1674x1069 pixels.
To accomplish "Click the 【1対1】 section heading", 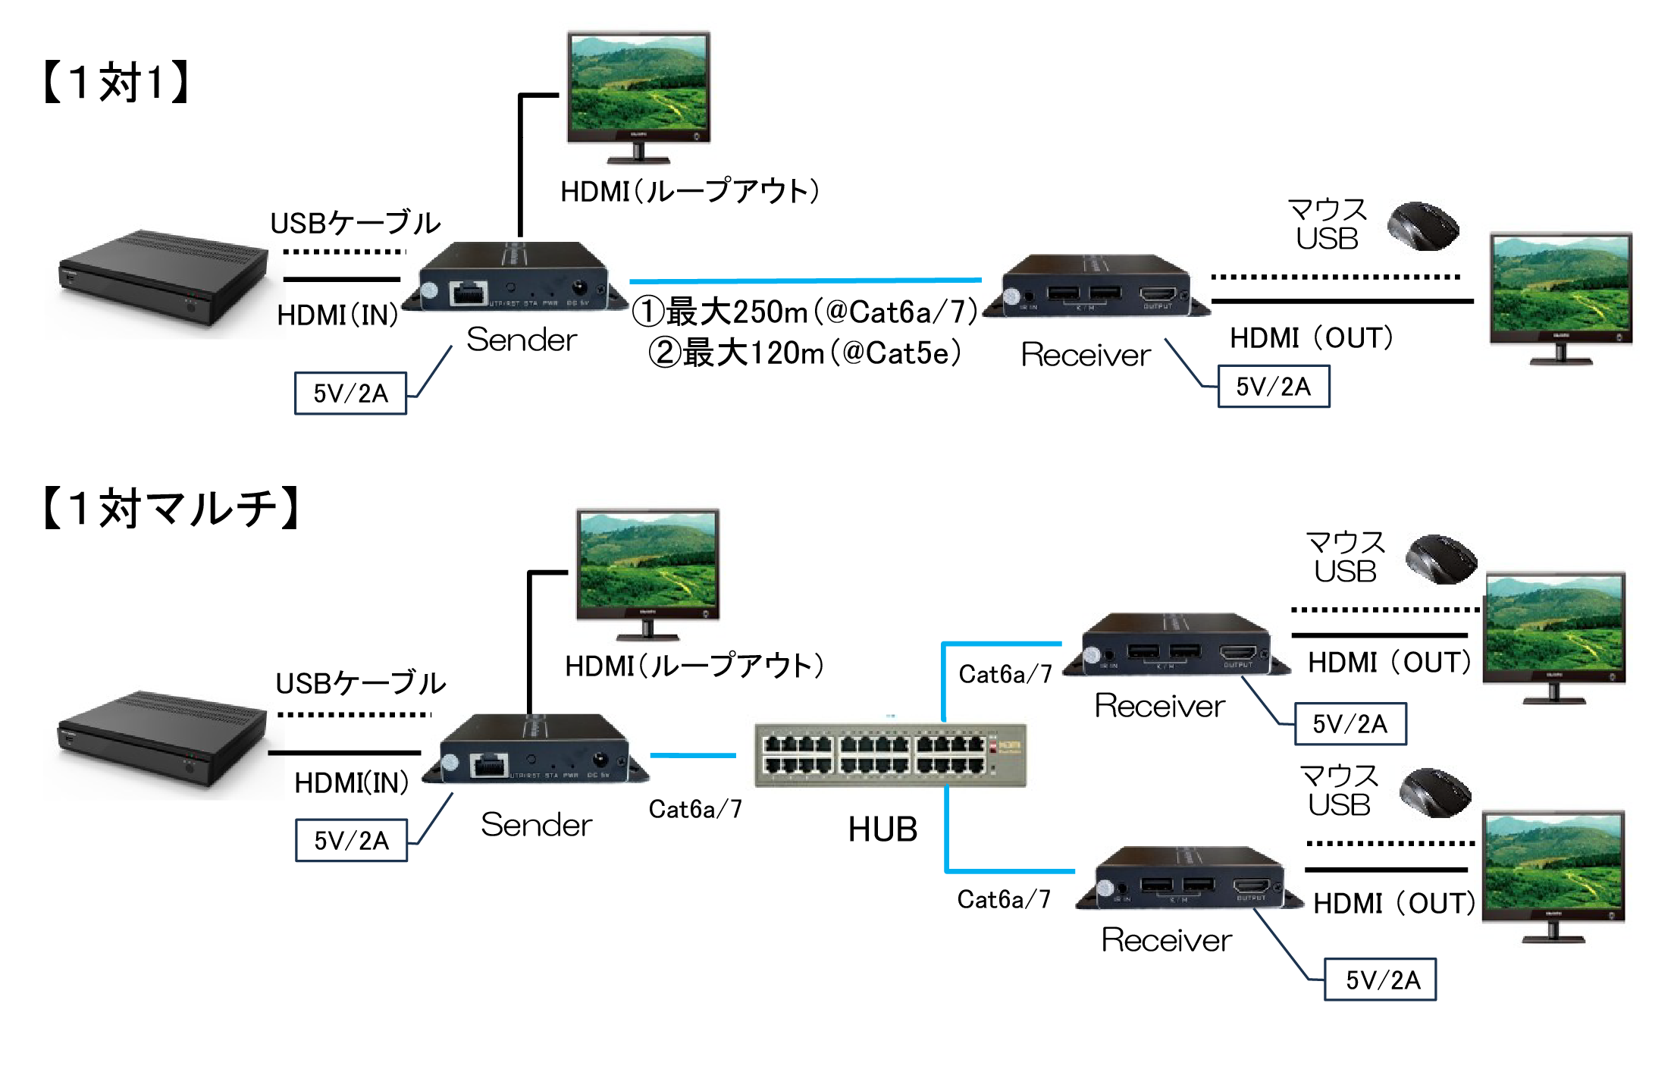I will click(116, 82).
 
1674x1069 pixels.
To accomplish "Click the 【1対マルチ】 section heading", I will click(171, 508).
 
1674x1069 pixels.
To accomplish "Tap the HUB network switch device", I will click(890, 754).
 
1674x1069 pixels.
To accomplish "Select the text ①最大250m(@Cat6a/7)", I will click(804, 312).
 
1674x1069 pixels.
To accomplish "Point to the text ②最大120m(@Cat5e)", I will click(804, 353).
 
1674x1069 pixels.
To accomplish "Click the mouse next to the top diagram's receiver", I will click(1423, 226).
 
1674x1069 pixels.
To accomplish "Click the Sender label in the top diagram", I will click(522, 340).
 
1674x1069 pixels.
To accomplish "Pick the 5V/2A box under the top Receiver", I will click(1273, 387).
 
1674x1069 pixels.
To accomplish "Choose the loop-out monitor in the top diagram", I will click(638, 95).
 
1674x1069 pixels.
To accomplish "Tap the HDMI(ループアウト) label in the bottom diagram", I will click(694, 666).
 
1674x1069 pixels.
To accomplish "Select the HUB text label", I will click(882, 829).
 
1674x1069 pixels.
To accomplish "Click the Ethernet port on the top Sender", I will click(468, 293).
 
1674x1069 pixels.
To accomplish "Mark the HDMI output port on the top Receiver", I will click(1158, 294).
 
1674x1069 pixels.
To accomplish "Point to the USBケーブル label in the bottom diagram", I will click(360, 683).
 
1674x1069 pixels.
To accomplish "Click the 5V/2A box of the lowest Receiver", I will click(1380, 980).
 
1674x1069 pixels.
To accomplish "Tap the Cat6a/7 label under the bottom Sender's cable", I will click(695, 810).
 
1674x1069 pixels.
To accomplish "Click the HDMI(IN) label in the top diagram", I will click(337, 315).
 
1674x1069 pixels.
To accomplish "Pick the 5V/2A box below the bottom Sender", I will click(351, 840).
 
